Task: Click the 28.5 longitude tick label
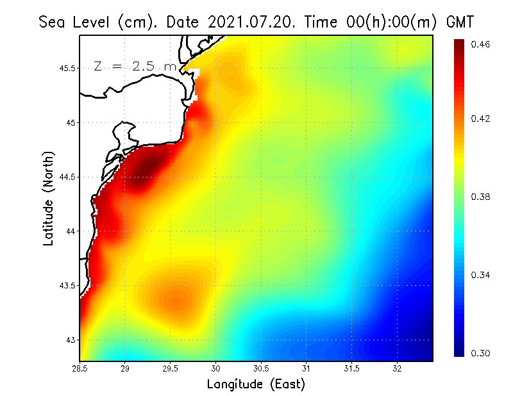(80, 369)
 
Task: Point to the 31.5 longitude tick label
(352, 369)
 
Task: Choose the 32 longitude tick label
(398, 369)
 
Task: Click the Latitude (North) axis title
(48, 198)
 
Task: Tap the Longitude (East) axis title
(256, 384)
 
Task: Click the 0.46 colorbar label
(480, 44)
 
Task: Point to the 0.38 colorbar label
(480, 197)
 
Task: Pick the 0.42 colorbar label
(480, 119)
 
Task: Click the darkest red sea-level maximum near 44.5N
(144, 170)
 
